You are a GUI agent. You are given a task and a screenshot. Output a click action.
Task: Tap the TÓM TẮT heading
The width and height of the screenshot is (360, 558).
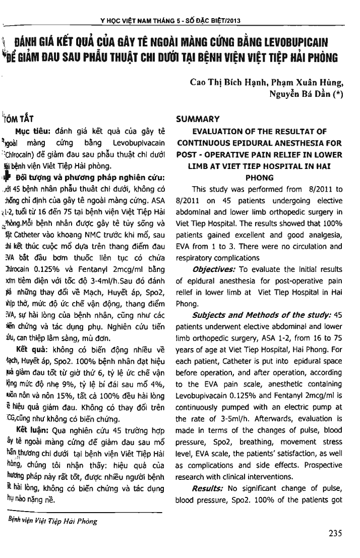click(x=20, y=119)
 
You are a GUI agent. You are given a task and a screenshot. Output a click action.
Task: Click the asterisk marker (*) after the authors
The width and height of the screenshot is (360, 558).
click(x=338, y=94)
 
